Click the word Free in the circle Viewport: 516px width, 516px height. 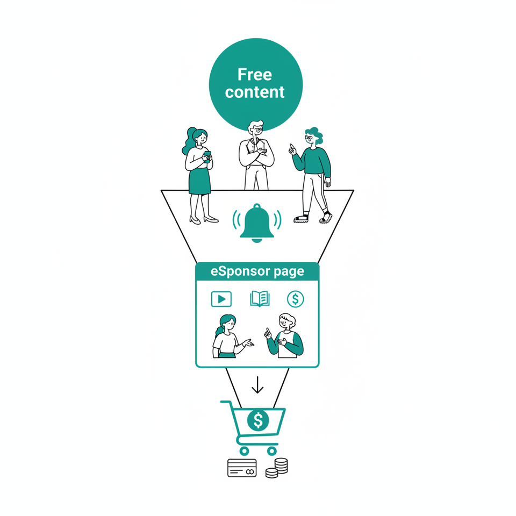click(x=255, y=74)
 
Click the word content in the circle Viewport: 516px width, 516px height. click(x=255, y=92)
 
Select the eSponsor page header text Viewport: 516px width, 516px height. click(x=257, y=271)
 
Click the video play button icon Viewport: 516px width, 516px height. click(x=221, y=299)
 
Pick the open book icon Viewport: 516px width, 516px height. click(x=260, y=298)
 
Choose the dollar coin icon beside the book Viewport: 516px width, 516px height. click(x=295, y=298)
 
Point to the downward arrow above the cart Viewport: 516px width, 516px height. click(x=257, y=385)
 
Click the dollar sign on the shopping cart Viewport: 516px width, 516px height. click(x=258, y=420)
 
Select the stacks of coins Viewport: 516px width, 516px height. click(x=277, y=467)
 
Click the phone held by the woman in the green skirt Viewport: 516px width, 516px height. click(x=207, y=155)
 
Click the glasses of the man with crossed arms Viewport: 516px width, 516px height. click(x=257, y=130)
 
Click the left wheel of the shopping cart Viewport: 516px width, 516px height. click(x=245, y=450)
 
